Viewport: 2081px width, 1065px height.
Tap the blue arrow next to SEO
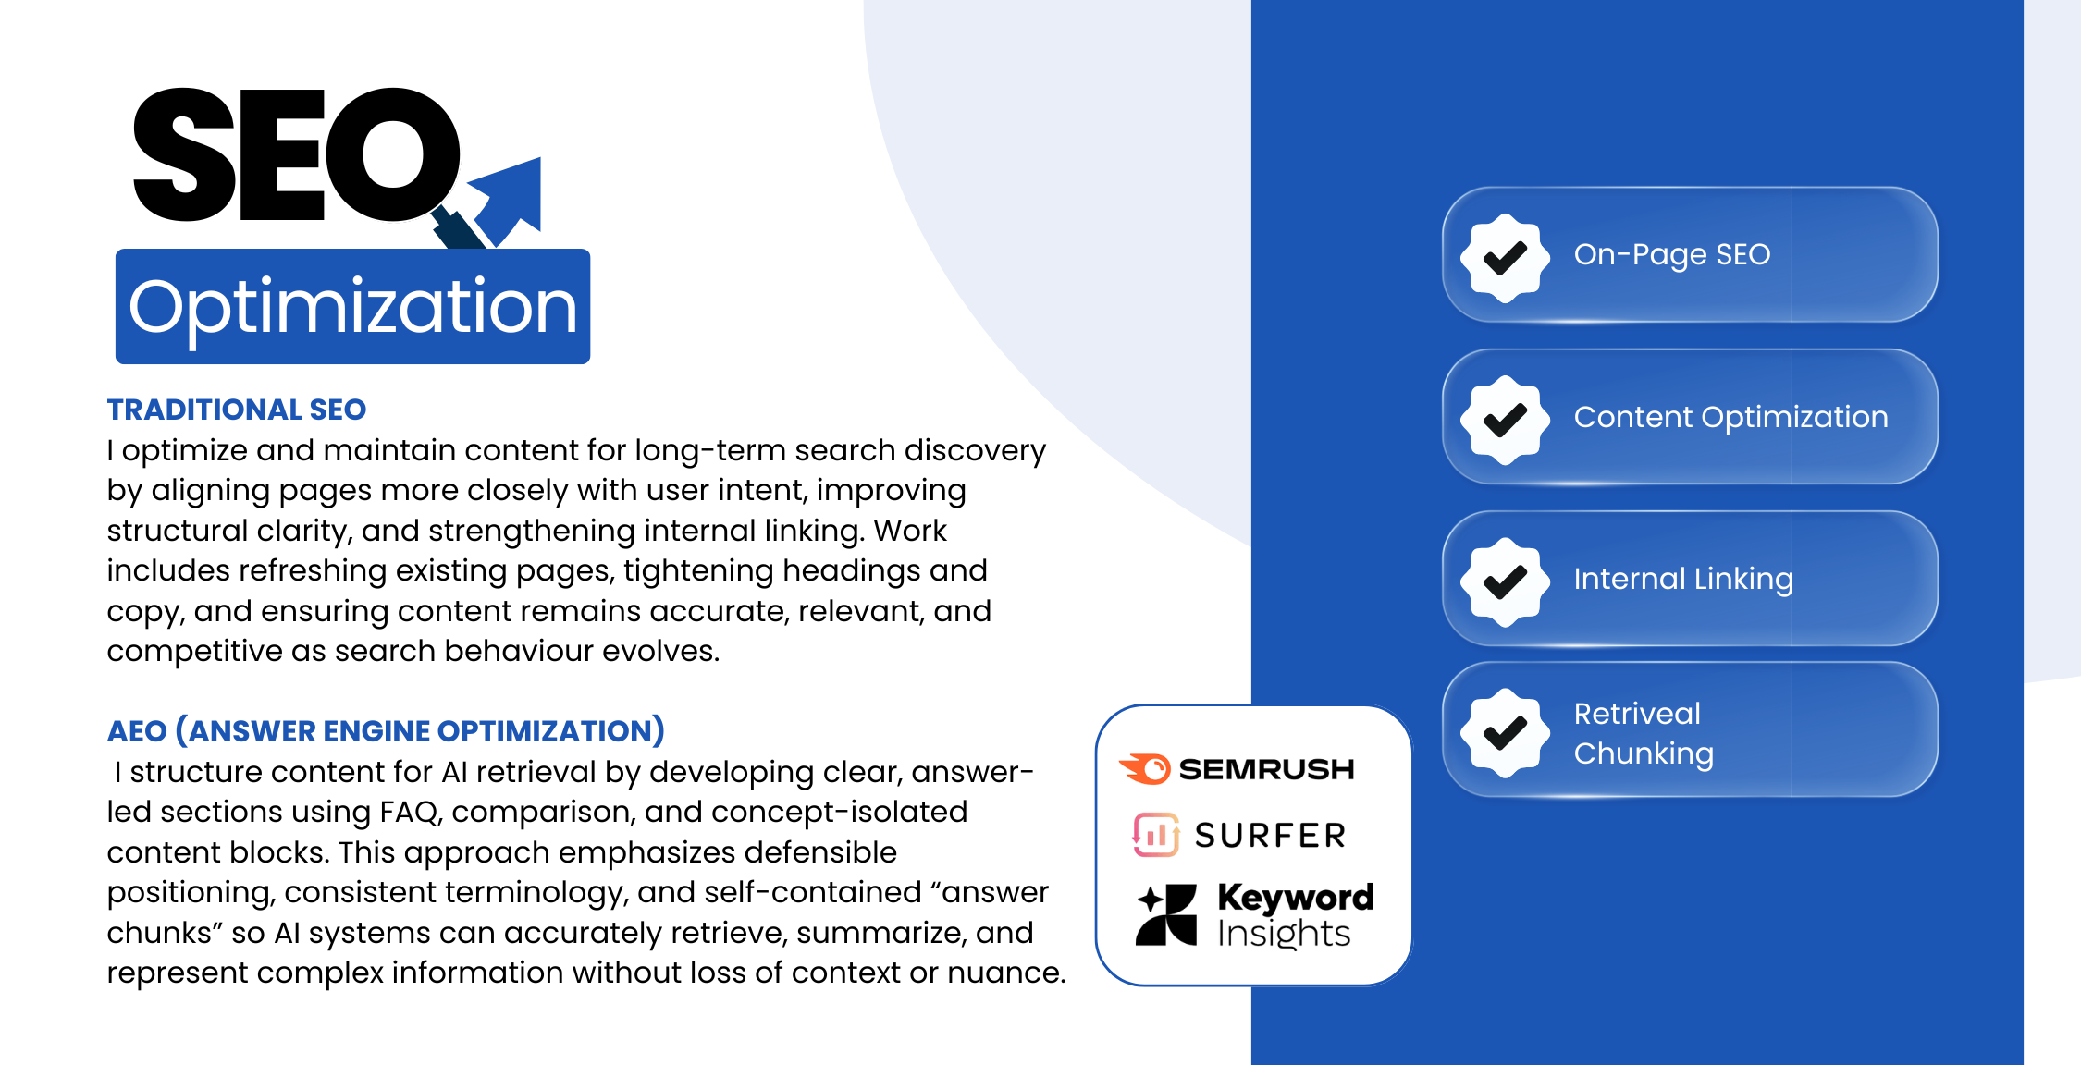pyautogui.click(x=509, y=199)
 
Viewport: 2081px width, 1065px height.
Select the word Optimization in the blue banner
pyautogui.click(x=352, y=307)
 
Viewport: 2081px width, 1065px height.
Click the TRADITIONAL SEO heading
pyautogui.click(x=237, y=410)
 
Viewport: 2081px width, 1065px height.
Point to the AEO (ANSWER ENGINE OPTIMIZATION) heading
pyautogui.click(x=386, y=731)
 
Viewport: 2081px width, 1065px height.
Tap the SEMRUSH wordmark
pyautogui.click(x=1266, y=769)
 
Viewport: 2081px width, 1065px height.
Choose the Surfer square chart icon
pyautogui.click(x=1155, y=835)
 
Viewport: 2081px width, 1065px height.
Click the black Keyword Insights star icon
pyautogui.click(x=1166, y=914)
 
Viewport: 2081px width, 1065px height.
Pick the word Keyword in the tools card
pyautogui.click(x=1296, y=897)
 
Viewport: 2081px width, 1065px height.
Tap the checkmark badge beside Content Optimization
pyautogui.click(x=1505, y=420)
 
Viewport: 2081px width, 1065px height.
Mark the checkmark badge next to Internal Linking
pyautogui.click(x=1505, y=581)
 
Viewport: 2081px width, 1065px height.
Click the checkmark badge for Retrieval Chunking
pyautogui.click(x=1505, y=733)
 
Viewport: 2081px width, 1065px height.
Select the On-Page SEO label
pyautogui.click(x=1672, y=254)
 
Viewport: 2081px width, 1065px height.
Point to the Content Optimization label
pyautogui.click(x=1730, y=417)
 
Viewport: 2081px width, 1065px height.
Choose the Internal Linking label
pyautogui.click(x=1683, y=579)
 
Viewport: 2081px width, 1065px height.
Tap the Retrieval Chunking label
pyautogui.click(x=1644, y=733)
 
